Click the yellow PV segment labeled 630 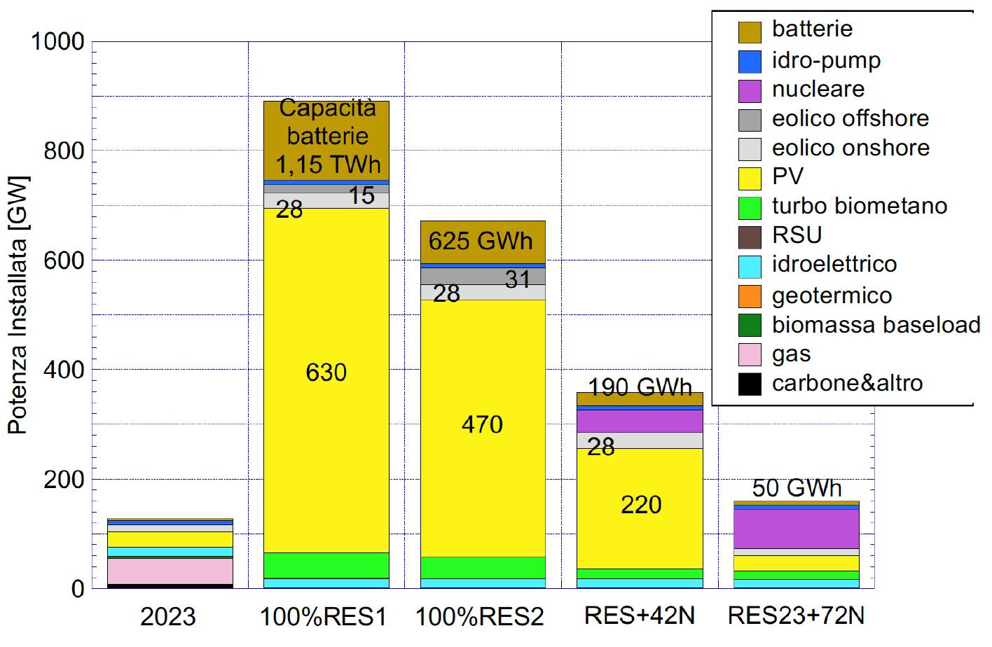[x=326, y=380]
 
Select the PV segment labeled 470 [x=483, y=429]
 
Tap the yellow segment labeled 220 [x=640, y=508]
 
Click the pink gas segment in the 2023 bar [x=170, y=571]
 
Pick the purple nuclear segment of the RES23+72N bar [x=797, y=529]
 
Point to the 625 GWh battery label [x=481, y=241]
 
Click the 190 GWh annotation [x=640, y=387]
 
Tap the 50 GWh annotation [x=797, y=488]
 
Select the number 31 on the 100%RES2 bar [x=518, y=279]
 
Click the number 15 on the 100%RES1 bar [x=361, y=195]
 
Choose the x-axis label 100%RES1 [x=324, y=616]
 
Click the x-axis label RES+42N [x=640, y=615]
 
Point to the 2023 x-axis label [x=168, y=616]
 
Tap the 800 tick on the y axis [x=64, y=151]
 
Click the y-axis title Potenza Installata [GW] [x=18, y=305]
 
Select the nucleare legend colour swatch [x=750, y=91]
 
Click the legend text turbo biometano [x=860, y=206]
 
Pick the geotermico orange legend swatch [x=750, y=296]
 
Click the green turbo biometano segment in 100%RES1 [x=326, y=566]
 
